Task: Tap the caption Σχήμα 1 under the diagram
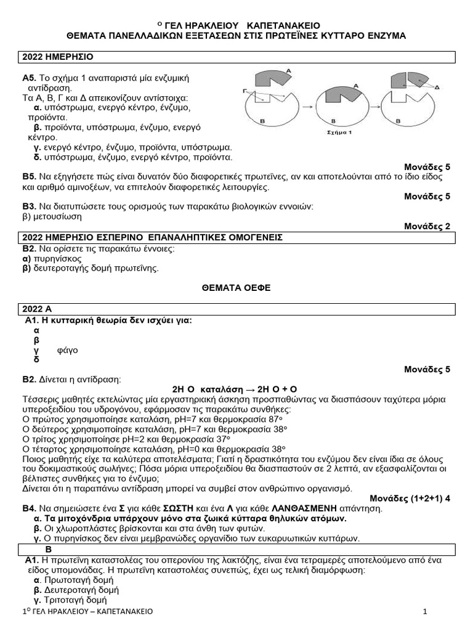tap(339, 131)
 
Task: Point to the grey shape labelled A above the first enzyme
tap(270, 79)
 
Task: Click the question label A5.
tap(29, 78)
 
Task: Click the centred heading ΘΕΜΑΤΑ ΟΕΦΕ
tap(236, 287)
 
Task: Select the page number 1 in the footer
tap(425, 611)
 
